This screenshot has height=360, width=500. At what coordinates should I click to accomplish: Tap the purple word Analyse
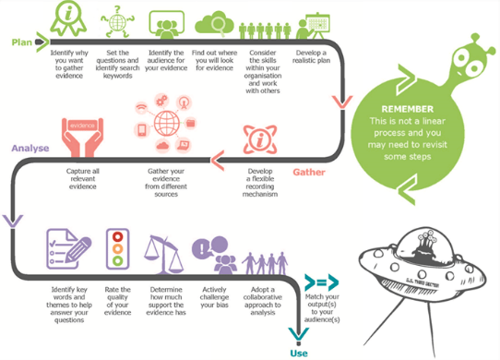[30, 148]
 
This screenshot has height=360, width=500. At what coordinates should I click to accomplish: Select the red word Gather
[309, 173]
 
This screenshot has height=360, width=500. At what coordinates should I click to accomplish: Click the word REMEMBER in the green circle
[407, 109]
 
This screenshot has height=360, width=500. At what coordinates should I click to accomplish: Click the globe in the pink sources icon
[169, 124]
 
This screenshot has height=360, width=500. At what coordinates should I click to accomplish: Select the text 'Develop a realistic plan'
[311, 58]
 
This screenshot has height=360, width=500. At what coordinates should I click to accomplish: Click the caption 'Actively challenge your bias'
[216, 299]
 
